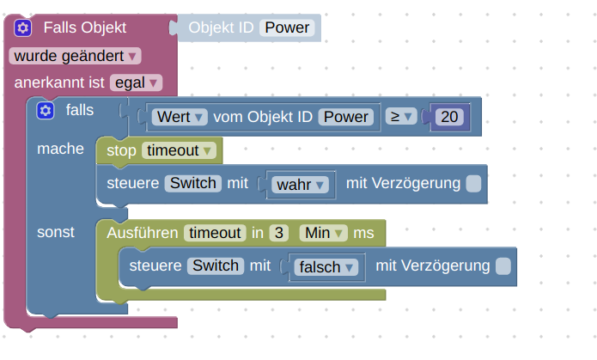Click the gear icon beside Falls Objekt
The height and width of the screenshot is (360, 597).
click(23, 28)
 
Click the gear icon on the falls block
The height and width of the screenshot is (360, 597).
click(46, 111)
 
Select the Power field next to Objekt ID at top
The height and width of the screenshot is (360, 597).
click(287, 28)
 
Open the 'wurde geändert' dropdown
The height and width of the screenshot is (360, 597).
click(75, 56)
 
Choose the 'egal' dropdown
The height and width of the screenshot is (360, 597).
click(136, 83)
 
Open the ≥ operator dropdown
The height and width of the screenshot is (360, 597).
click(399, 116)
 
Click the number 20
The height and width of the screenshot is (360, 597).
click(449, 116)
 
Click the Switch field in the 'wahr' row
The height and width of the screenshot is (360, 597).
click(193, 183)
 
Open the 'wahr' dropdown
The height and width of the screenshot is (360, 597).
click(300, 184)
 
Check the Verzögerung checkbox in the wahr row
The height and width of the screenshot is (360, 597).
click(473, 184)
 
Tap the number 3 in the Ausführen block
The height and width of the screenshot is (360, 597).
click(278, 232)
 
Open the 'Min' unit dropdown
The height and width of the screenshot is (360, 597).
click(323, 232)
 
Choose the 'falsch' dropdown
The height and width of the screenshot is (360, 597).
click(326, 267)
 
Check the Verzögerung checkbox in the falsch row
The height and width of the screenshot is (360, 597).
click(503, 266)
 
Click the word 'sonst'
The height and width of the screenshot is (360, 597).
click(56, 232)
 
